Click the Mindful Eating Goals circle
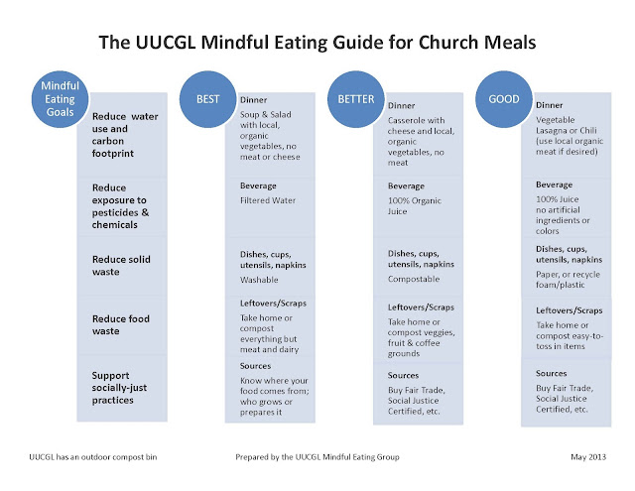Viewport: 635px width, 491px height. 60,99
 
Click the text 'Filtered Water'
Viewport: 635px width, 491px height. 268,199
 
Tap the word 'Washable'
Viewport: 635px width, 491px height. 261,279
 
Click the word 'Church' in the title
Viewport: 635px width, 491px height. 444,44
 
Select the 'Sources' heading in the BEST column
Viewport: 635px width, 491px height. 257,366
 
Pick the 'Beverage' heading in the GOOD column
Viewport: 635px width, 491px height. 554,184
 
